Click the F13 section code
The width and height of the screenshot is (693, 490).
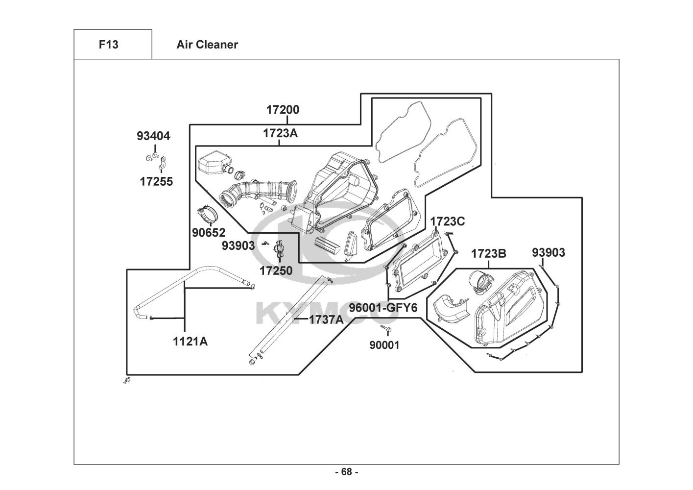click(108, 45)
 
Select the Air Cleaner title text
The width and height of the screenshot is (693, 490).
click(207, 45)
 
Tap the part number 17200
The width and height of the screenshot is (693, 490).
click(283, 110)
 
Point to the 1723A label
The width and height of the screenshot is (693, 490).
click(280, 133)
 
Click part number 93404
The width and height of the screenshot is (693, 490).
click(153, 136)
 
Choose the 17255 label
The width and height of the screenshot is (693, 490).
click(156, 181)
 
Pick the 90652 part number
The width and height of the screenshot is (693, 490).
click(209, 232)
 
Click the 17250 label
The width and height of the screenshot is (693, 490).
click(276, 270)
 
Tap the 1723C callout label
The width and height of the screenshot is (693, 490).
click(447, 221)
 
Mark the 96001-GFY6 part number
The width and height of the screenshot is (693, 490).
click(383, 308)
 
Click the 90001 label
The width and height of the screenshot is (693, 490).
click(384, 345)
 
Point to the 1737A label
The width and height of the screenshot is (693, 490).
click(326, 319)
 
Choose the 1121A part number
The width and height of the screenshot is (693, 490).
click(190, 342)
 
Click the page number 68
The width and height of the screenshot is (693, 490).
click(346, 472)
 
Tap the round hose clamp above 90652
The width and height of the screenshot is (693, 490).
click(207, 214)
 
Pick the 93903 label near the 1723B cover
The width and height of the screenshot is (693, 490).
click(549, 252)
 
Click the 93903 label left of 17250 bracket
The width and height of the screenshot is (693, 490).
click(238, 245)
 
